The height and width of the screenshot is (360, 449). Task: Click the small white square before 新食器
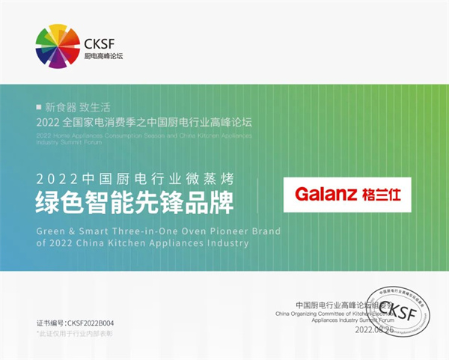(39, 107)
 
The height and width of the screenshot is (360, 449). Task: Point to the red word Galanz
(325, 195)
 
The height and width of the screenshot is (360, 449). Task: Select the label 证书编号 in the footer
(50, 323)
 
